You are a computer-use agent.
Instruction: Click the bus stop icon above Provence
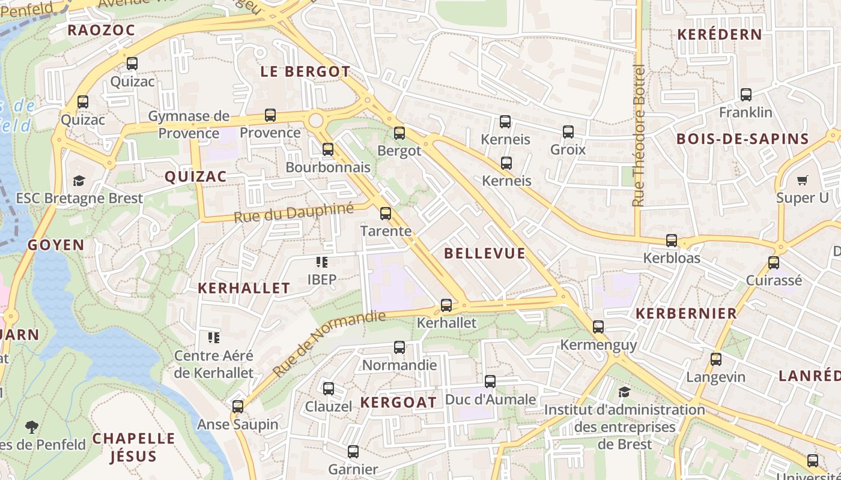pyautogui.click(x=270, y=115)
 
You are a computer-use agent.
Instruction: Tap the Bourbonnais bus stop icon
pyautogui.click(x=328, y=149)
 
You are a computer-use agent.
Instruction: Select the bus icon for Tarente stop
pyautogui.click(x=386, y=213)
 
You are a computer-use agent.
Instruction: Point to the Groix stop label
pyautogui.click(x=568, y=149)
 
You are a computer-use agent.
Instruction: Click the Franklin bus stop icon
pyautogui.click(x=745, y=95)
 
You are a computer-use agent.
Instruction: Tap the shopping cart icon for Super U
pyautogui.click(x=802, y=180)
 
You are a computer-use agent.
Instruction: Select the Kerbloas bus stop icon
pyautogui.click(x=672, y=241)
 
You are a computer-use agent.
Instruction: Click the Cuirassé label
pyautogui.click(x=774, y=280)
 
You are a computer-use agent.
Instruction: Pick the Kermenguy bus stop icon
pyautogui.click(x=598, y=327)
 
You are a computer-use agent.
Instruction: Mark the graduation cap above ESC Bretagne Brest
pyautogui.click(x=79, y=181)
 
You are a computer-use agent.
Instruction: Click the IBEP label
pyautogui.click(x=322, y=279)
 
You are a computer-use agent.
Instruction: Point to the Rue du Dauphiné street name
pyautogui.click(x=294, y=212)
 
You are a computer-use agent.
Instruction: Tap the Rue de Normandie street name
pyautogui.click(x=329, y=343)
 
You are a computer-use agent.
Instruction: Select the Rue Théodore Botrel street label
pyautogui.click(x=639, y=136)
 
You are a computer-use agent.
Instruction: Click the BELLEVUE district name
pyautogui.click(x=485, y=253)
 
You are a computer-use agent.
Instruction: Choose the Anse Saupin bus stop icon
pyautogui.click(x=238, y=407)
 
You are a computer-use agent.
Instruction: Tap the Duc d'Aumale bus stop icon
pyautogui.click(x=490, y=382)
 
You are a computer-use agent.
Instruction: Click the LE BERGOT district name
pyautogui.click(x=305, y=71)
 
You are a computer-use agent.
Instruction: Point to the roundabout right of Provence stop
pyautogui.click(x=315, y=121)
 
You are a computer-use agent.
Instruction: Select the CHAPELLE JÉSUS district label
pyautogui.click(x=133, y=447)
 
